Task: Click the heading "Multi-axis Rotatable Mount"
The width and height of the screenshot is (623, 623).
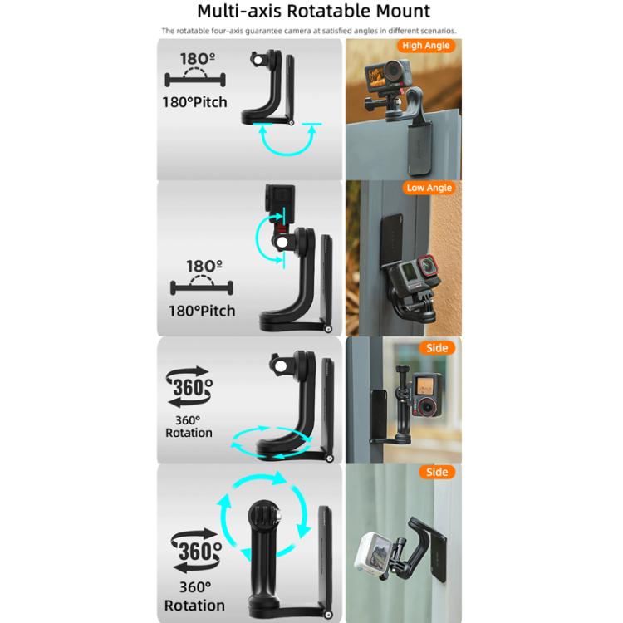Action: [313, 11]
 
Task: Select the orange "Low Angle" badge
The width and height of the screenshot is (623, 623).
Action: [429, 188]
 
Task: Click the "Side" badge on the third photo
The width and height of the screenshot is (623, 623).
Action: [436, 348]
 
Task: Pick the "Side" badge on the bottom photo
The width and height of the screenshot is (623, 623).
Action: [436, 472]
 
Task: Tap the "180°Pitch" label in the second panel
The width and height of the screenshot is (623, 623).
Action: [203, 311]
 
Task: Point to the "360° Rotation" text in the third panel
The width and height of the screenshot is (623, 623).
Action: [189, 426]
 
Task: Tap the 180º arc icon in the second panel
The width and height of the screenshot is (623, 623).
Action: [203, 277]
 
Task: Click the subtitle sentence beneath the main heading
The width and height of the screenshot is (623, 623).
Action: [309, 32]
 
